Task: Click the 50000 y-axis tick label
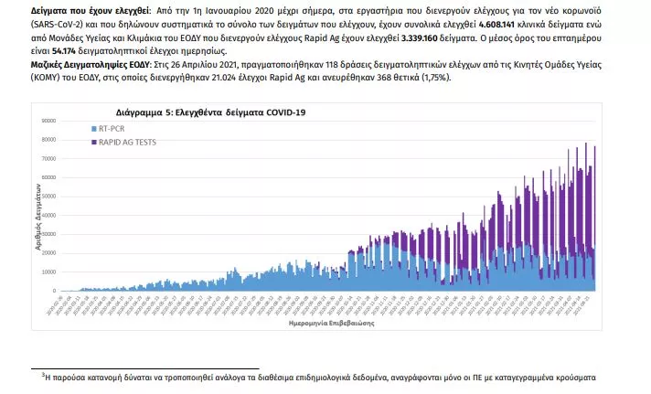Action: tap(48, 196)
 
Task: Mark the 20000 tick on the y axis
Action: tap(48, 252)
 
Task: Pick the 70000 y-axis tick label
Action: tap(48, 158)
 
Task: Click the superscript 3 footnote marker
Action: tap(43, 373)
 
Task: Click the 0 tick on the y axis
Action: tap(53, 291)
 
